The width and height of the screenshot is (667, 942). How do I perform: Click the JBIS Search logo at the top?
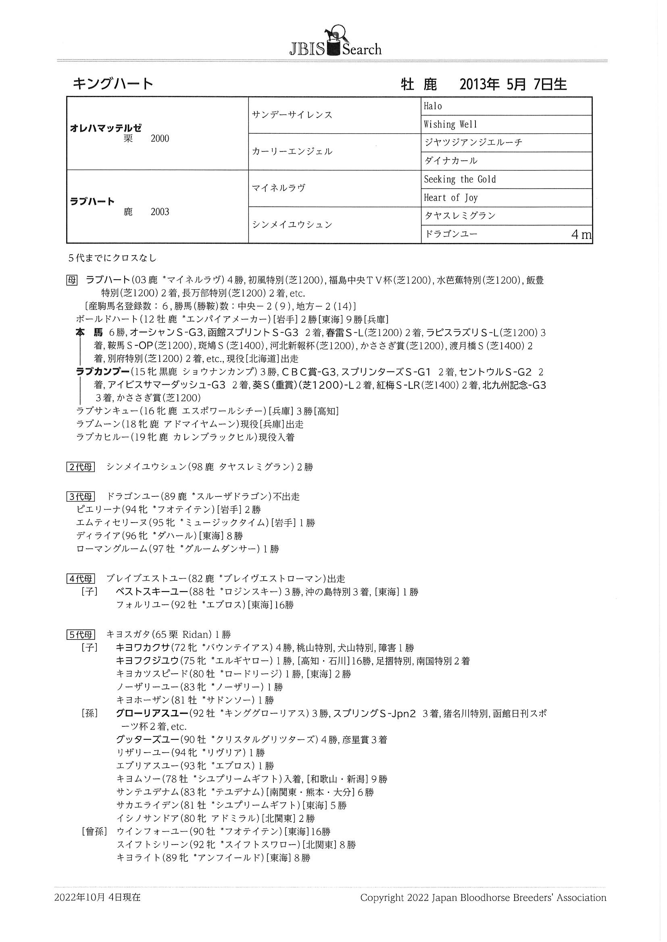335,43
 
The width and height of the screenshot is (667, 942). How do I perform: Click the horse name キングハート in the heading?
113,84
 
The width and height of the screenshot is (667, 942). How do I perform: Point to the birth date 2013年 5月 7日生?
513,85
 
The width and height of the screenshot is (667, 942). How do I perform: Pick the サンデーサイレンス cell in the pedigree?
292,115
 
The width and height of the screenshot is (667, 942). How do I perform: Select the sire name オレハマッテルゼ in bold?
106,128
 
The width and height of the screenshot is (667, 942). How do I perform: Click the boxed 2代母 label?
81,467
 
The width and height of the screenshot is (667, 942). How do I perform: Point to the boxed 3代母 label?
81,496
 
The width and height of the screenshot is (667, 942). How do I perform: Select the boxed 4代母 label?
81,579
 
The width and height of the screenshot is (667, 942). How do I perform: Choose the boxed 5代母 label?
81,635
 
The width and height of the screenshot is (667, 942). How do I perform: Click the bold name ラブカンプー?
103,372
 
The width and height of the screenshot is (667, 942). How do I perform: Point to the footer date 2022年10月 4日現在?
97,897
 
